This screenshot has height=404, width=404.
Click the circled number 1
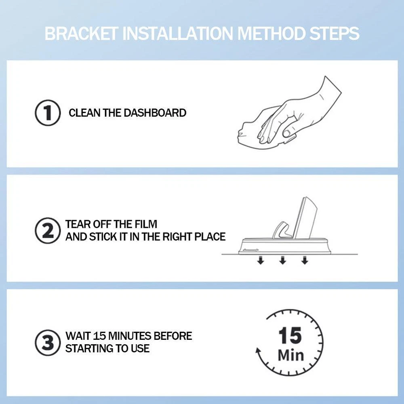tap(48, 113)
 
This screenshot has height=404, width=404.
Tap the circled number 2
tap(48, 231)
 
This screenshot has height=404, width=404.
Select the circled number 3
tap(48, 343)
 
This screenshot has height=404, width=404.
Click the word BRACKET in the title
tap(82, 34)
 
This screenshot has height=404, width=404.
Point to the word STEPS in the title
tap(334, 34)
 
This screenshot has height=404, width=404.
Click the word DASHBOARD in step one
tap(155, 113)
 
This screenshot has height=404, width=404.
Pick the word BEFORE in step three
tap(173, 336)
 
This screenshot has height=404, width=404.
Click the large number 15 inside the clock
tap(290, 335)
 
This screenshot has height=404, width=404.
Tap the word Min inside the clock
tap(291, 355)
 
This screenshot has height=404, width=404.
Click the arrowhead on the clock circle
tap(258, 351)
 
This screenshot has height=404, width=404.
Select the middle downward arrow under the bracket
tap(283, 260)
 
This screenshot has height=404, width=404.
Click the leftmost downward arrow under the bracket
tap(261, 260)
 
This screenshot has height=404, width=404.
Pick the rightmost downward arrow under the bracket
tap(305, 260)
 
